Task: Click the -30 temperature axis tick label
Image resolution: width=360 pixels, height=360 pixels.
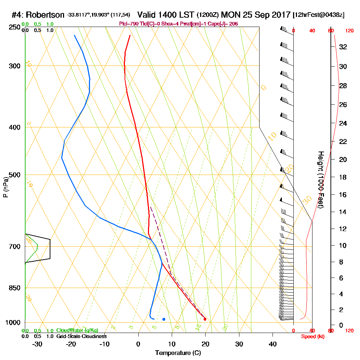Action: [x=37, y=344]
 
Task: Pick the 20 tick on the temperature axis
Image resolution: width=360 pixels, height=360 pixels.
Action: [x=205, y=344]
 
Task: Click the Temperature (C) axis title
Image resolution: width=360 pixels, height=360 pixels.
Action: [x=178, y=353]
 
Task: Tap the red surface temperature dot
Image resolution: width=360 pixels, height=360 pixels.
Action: [x=205, y=319]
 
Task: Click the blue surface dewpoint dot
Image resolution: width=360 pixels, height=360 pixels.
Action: [x=164, y=319]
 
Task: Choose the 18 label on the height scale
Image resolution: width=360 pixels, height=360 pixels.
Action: [x=343, y=177]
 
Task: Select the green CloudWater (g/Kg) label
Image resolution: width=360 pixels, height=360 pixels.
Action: [x=77, y=330]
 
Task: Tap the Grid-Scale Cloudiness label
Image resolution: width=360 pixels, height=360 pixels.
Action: [x=81, y=336]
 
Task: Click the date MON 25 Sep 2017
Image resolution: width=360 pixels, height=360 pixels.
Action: [x=256, y=15]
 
